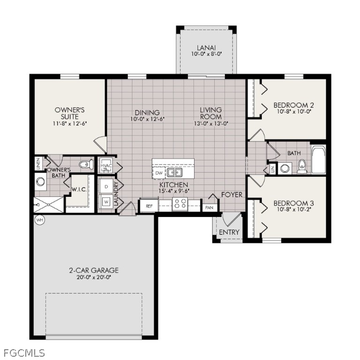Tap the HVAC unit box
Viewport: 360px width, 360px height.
[106, 166]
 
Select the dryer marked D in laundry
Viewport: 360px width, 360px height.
[106, 186]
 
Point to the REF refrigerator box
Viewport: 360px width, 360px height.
[149, 206]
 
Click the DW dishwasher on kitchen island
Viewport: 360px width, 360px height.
[159, 172]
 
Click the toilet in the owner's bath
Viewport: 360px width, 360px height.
[85, 165]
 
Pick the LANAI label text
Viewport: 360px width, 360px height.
[206, 47]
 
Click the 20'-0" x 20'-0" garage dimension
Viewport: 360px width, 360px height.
[94, 277]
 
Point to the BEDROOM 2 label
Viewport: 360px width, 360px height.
[293, 105]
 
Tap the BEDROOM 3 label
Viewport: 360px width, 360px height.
[293, 203]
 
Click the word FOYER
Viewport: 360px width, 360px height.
[232, 195]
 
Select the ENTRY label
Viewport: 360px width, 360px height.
[229, 232]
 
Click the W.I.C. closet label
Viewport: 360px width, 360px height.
[78, 190]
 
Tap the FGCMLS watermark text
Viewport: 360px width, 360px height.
[23, 352]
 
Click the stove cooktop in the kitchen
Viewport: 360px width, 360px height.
[180, 204]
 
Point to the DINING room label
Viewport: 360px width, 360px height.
[147, 112]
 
